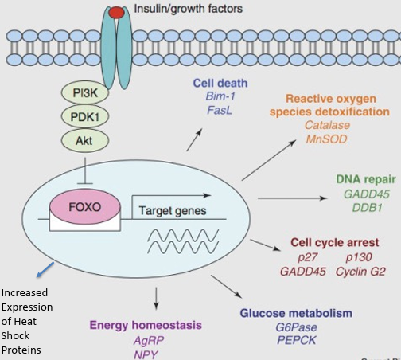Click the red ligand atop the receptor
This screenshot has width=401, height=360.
(116, 11)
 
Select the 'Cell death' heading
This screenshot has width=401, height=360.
(220, 84)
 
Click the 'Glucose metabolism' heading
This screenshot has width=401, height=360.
(295, 313)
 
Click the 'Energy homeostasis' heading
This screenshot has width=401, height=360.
(146, 325)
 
